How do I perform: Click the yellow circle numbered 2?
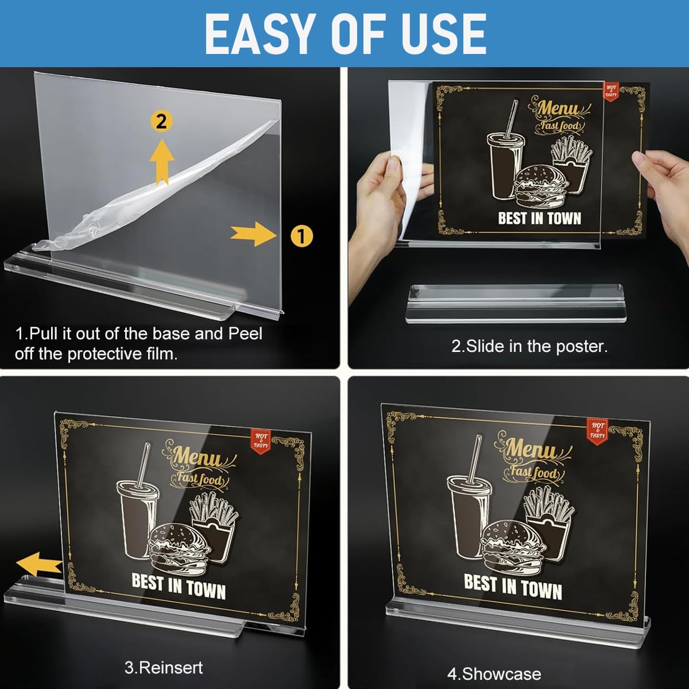tap(162, 121)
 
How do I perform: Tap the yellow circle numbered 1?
tap(302, 235)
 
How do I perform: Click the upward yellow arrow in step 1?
tap(162, 162)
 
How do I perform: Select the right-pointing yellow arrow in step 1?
tap(253, 234)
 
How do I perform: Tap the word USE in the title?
tap(443, 34)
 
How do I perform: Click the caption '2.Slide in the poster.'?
tap(529, 346)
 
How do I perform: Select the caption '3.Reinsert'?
tap(164, 668)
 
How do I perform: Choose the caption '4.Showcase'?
tap(494, 673)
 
